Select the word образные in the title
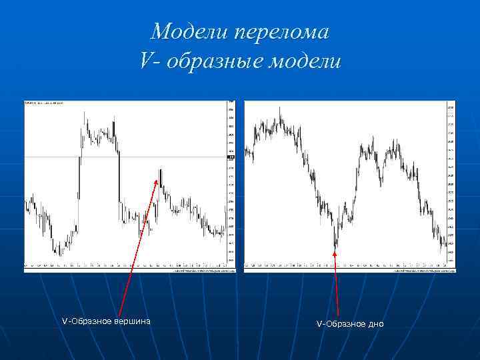213,61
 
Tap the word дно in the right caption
375,323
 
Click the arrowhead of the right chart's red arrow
335,250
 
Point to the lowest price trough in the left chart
59,255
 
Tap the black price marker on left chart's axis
231,157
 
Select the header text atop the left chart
43,103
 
